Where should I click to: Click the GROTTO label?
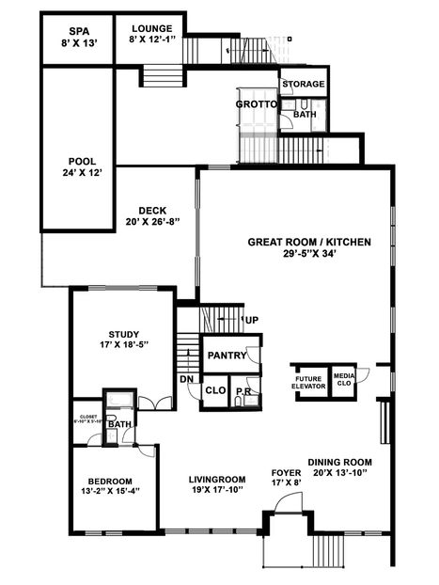[x=256, y=103]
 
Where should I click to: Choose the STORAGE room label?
[x=304, y=84]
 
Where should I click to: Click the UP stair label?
[x=251, y=321]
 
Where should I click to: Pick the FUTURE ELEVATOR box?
[x=308, y=381]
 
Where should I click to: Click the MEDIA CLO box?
[x=344, y=380]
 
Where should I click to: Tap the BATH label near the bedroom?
[x=119, y=424]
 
